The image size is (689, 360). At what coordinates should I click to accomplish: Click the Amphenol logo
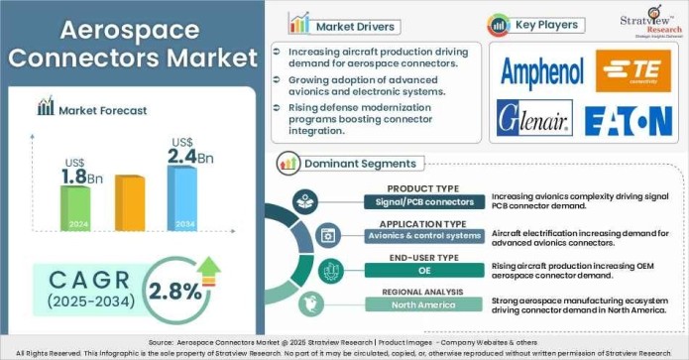(541, 71)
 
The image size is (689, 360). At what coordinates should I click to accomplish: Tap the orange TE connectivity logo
(633, 70)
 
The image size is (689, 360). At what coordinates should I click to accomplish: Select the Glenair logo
(535, 119)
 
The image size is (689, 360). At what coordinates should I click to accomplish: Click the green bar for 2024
(76, 208)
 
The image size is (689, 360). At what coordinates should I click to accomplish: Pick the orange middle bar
(130, 203)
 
